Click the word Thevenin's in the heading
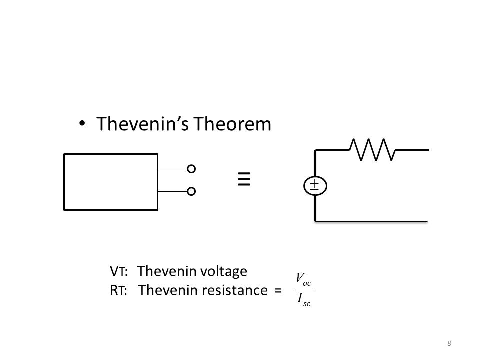tap(142, 124)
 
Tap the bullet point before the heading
tap(82, 123)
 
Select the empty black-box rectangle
tap(111, 182)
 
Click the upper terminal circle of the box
tap(191, 169)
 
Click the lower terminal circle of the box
tap(191, 191)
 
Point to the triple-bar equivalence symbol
tap(243, 179)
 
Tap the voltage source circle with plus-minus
tap(314, 186)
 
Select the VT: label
tap(118, 272)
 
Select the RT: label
tap(118, 290)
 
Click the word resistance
tap(234, 290)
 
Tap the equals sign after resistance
tap(278, 291)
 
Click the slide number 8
tap(449, 343)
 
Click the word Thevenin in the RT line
tap(167, 290)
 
